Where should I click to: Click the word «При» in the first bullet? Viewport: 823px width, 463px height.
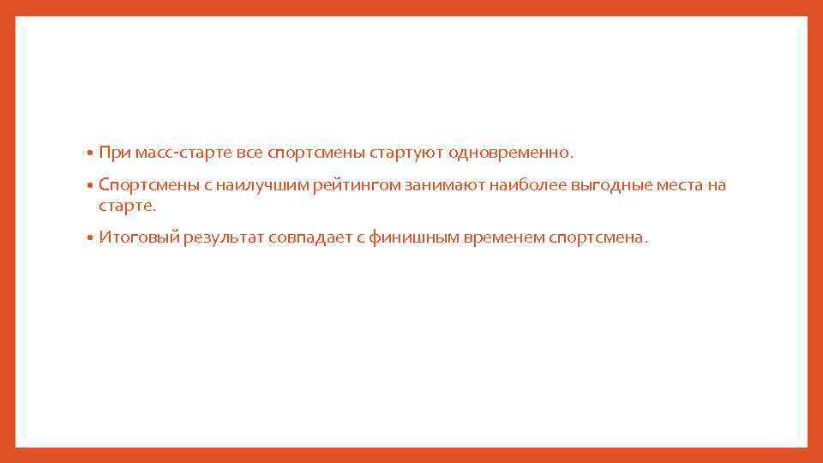click(112, 153)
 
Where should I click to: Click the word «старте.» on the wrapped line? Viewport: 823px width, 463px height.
click(128, 207)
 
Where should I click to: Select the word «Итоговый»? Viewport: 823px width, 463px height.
click(138, 238)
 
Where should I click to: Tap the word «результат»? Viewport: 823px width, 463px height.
click(222, 238)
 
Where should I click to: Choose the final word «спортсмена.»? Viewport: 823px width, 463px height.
click(598, 238)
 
